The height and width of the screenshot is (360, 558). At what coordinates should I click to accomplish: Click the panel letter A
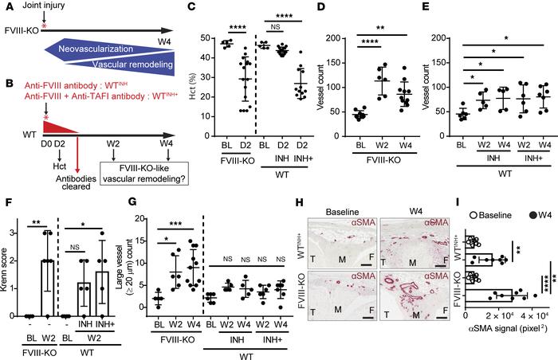[6, 9]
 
